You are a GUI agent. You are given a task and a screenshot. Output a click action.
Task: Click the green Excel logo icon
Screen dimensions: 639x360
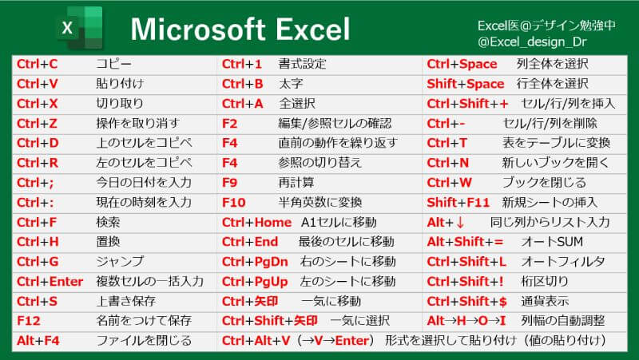(80, 28)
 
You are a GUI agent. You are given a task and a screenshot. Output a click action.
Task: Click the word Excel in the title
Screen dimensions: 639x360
(312, 30)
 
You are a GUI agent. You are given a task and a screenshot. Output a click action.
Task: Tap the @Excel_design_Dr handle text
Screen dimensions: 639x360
(532, 42)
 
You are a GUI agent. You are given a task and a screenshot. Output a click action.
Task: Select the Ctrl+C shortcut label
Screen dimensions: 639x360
(37, 64)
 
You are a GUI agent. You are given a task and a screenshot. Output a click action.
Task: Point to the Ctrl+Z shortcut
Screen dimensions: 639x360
(37, 124)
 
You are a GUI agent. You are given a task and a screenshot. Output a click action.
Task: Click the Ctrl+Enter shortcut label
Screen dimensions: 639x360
(50, 282)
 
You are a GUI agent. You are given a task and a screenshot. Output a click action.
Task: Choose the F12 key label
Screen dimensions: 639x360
(29, 321)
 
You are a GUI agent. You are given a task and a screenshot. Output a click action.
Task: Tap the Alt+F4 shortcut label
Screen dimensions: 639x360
(38, 341)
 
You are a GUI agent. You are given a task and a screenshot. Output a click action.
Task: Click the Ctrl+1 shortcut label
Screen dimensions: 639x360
(242, 64)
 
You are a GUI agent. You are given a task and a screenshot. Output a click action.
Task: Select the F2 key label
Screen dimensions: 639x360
(229, 124)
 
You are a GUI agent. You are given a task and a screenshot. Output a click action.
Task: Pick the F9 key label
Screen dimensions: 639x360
(229, 183)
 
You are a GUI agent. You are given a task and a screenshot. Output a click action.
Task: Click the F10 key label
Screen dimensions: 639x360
(233, 203)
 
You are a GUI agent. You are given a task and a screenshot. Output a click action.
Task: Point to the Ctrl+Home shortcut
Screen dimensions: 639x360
(256, 223)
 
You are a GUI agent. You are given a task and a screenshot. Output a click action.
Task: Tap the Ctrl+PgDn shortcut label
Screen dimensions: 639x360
(255, 262)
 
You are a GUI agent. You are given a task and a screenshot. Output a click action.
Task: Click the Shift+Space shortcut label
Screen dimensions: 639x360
(466, 84)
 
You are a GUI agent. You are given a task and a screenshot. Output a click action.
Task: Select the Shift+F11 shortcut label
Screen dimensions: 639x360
(458, 203)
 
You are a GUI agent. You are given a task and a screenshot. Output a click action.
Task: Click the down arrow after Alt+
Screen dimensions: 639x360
(460, 223)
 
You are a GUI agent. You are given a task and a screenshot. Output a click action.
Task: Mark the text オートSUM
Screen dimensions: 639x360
(552, 242)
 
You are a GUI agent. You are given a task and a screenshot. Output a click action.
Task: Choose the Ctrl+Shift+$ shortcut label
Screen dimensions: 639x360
(467, 302)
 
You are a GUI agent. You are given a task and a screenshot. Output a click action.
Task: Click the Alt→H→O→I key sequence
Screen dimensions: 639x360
(466, 321)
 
